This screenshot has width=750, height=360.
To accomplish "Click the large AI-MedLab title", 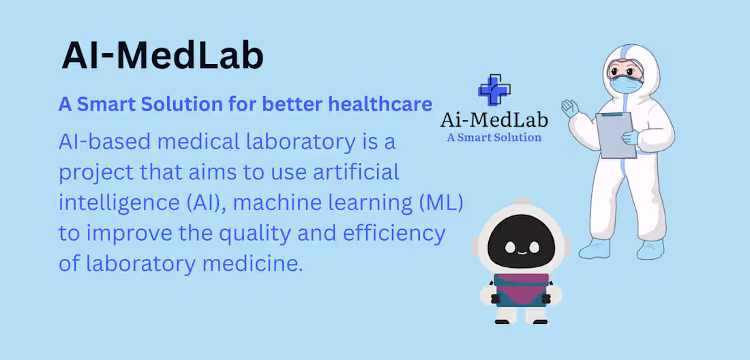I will (x=162, y=56).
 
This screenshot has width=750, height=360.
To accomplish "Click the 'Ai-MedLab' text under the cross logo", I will (x=494, y=120).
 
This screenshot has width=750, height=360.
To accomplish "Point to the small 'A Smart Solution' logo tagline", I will (x=494, y=137).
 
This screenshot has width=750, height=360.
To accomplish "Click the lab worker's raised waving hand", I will (x=570, y=108).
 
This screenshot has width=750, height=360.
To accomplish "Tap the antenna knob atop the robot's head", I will (x=522, y=200).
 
